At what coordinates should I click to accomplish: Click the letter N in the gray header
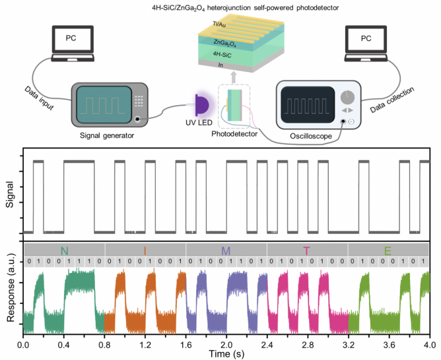64,250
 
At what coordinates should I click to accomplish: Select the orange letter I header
145,250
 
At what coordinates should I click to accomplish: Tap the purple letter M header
226,250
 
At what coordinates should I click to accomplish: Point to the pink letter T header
306,250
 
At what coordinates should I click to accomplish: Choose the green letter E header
388,250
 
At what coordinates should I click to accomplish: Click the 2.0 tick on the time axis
226,344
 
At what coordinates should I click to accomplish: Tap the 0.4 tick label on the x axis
65,344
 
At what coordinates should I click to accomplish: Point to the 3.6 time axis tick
388,344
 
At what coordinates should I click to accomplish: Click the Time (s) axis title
226,354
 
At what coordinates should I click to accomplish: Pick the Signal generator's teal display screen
98,104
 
